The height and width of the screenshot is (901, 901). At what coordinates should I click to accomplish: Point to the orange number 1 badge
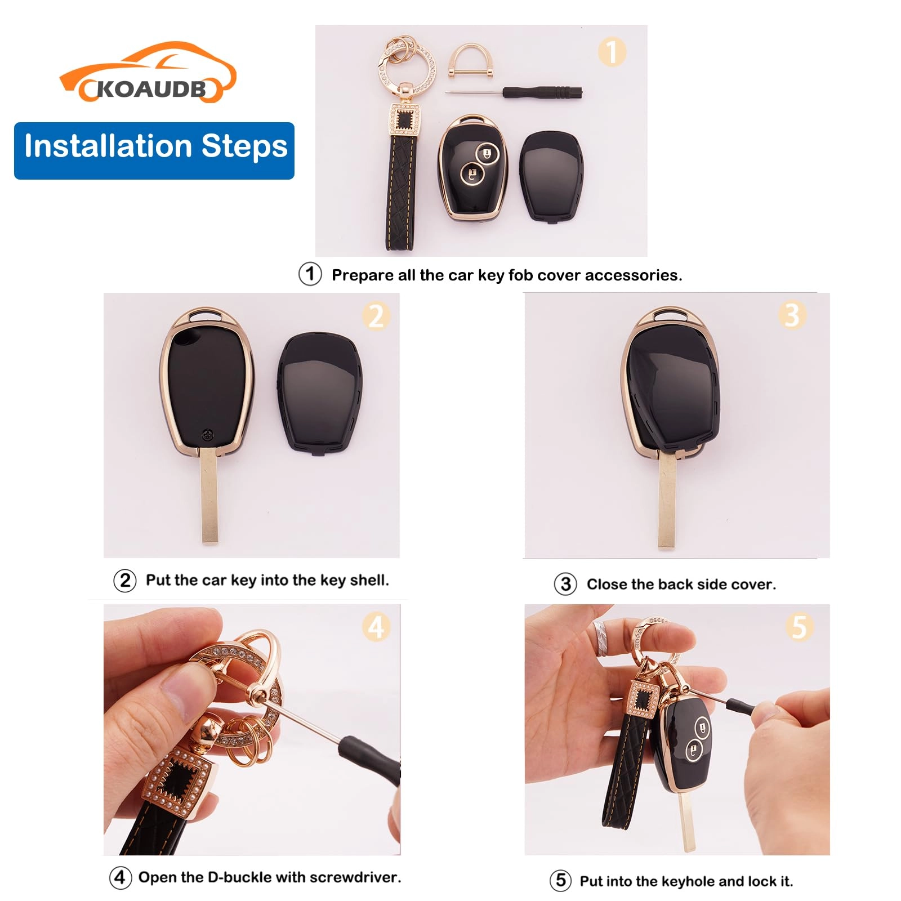612,52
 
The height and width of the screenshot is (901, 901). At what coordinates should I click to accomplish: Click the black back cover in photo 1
551,176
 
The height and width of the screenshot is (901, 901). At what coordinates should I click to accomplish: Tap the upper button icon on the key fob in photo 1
486,153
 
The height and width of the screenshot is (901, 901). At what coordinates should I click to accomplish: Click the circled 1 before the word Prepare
310,274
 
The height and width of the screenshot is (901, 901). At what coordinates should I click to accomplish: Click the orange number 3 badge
792,315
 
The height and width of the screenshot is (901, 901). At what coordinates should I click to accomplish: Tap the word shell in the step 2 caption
369,580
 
